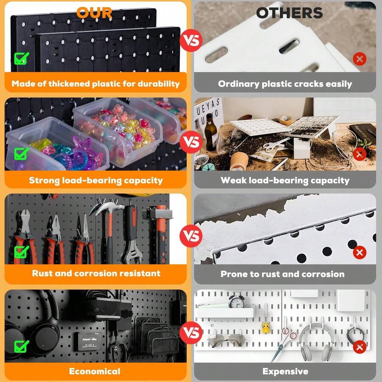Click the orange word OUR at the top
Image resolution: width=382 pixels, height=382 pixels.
click(x=94, y=13)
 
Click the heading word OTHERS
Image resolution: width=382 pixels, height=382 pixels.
click(x=289, y=13)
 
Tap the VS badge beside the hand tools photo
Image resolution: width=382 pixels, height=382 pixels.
click(x=191, y=236)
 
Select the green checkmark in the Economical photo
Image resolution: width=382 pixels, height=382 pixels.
click(x=22, y=346)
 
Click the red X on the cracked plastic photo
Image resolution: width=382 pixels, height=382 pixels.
click(x=360, y=59)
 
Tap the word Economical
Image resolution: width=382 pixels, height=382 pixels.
click(x=95, y=371)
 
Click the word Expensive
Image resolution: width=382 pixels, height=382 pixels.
click(x=285, y=371)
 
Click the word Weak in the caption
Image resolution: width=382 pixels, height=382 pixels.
click(x=233, y=180)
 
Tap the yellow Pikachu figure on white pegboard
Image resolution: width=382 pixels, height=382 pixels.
click(x=266, y=328)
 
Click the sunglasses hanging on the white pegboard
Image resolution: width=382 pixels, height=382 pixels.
click(x=227, y=340)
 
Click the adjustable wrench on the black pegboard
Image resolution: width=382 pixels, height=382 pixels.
click(x=132, y=234)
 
